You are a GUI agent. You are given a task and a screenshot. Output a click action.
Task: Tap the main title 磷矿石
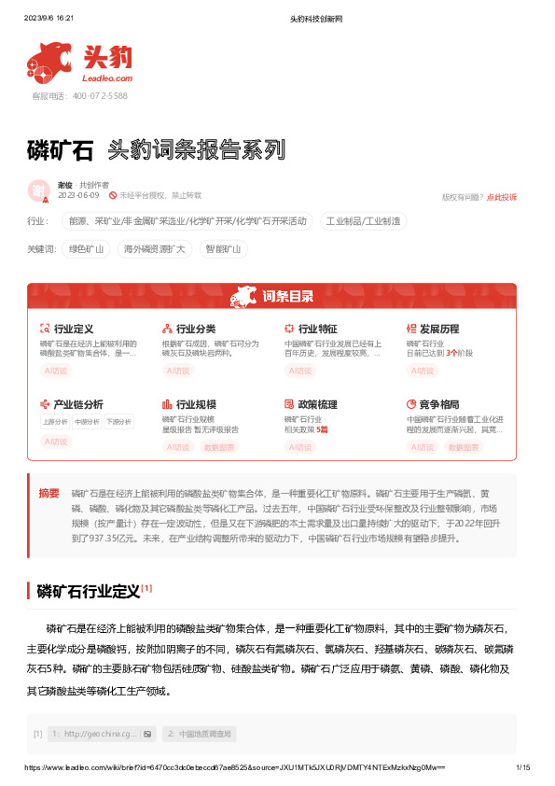pos(61,149)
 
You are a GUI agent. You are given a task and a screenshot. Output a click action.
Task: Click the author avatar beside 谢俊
pos(39,190)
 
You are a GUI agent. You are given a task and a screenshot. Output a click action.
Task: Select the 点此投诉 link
pos(501,197)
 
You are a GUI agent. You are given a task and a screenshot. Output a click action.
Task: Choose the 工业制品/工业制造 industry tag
pos(364,221)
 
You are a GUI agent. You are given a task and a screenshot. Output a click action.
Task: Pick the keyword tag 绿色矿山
pos(87,249)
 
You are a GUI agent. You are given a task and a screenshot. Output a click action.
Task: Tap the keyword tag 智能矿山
pos(223,249)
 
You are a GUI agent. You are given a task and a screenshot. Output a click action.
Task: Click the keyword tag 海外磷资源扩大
pos(155,249)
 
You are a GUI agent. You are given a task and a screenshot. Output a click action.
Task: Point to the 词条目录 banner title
pos(286,297)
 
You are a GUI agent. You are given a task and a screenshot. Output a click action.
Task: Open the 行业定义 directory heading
pos(74,329)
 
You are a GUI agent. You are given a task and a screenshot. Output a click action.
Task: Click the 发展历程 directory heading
pos(439,329)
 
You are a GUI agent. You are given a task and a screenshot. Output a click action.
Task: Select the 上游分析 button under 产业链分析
pos(55,422)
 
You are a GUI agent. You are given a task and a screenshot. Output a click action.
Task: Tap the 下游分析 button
pos(118,422)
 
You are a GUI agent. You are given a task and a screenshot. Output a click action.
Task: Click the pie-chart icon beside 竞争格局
pos(411,404)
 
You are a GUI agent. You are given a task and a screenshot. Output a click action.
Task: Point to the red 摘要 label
pos(49,492)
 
